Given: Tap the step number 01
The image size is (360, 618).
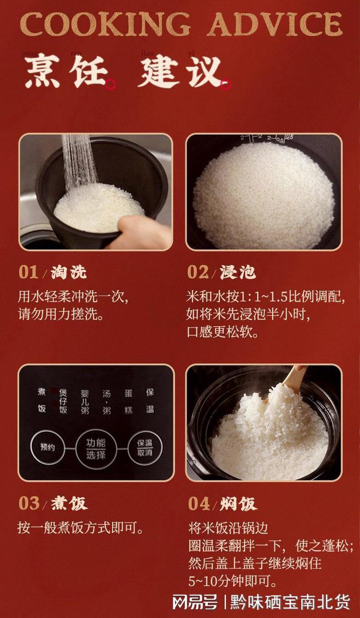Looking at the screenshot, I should coord(29,272).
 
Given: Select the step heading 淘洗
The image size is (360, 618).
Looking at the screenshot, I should coord(69,272).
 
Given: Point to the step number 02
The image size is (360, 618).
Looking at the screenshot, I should coord(198,272).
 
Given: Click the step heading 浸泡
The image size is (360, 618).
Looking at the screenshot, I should coord(238,272).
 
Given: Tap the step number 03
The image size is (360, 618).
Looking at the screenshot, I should coord(29,503).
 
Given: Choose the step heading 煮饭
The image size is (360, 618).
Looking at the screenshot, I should coord(69,503).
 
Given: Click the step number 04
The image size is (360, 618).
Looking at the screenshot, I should coord(199,503).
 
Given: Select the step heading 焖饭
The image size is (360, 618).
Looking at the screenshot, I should coord(239,503).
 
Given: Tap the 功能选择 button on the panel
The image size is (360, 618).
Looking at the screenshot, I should coord(96,448).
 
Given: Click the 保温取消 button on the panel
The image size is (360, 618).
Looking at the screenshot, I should coord(145,448).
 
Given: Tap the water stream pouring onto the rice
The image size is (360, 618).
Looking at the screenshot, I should coord(79,161).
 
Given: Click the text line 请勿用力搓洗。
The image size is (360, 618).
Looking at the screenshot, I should coord(61,315).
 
